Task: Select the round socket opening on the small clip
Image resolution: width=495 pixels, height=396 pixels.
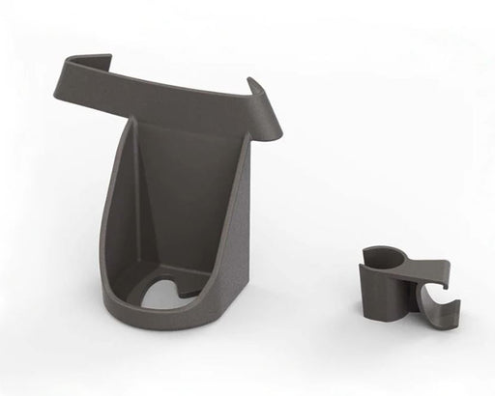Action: pyautogui.click(x=383, y=256)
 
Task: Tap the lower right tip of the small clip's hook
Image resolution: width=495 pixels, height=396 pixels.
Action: pyautogui.click(x=454, y=324)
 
